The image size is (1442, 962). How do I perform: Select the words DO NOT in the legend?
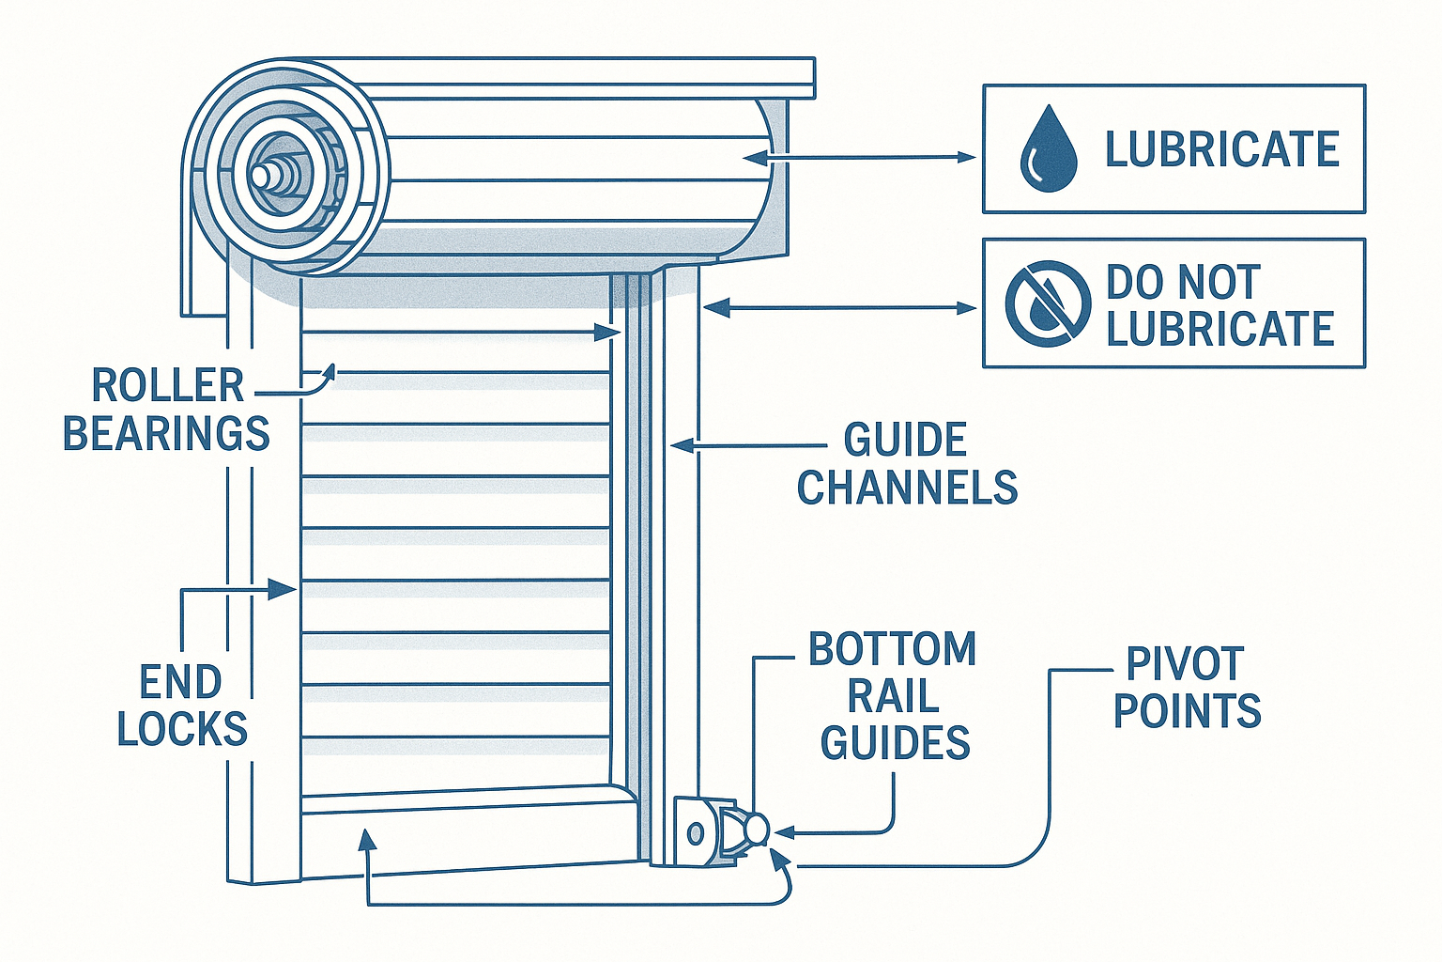point(1182,282)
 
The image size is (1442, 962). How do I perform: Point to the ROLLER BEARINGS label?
point(166,410)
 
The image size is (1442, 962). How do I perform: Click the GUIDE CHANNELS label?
point(907,464)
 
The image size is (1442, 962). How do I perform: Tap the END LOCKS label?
point(181,706)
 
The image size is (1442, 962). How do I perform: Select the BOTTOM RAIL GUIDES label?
point(894,696)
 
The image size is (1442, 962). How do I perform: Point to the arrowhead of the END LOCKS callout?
point(285,590)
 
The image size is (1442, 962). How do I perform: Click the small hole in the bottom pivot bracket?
point(696,832)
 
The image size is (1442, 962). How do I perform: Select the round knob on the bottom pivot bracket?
point(756,829)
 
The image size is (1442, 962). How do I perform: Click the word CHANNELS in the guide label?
point(907,488)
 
